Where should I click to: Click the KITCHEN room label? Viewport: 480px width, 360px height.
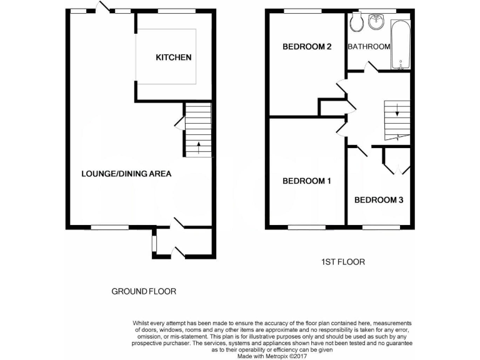click(173, 57)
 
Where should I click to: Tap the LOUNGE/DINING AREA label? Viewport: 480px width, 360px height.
click(126, 174)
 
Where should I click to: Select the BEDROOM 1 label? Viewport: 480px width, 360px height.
click(306, 181)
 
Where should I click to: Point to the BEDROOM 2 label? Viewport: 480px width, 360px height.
click(306, 46)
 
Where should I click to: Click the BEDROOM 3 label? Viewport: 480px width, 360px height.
click(379, 200)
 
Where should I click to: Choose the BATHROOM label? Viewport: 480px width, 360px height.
click(369, 46)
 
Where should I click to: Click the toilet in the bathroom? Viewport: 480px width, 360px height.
click(357, 23)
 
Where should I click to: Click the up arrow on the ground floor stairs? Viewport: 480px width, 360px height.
click(199, 148)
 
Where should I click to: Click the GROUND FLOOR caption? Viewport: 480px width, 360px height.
click(144, 291)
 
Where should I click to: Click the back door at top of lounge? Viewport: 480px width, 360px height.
click(104, 7)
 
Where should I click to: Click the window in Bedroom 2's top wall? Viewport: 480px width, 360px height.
click(303, 11)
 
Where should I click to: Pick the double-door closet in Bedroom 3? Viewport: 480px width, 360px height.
click(396, 161)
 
